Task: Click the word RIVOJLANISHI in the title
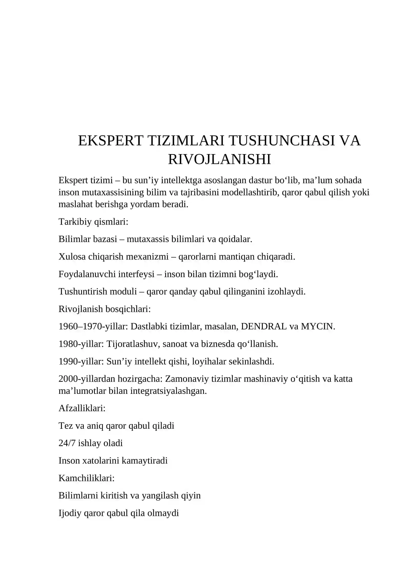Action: (x=219, y=159)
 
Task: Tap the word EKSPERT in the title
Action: (x=110, y=141)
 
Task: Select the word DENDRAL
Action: (x=264, y=326)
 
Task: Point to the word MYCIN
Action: (x=317, y=326)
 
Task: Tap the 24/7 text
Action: (x=67, y=443)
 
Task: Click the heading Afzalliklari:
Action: (x=82, y=408)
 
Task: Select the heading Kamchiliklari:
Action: (x=86, y=478)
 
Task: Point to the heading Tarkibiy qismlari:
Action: (x=93, y=222)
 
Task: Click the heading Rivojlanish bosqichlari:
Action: (x=105, y=309)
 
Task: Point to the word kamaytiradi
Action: (x=145, y=461)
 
